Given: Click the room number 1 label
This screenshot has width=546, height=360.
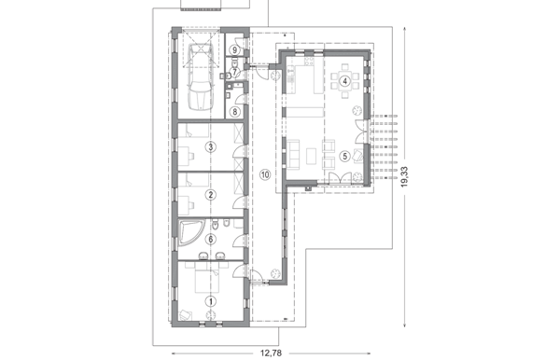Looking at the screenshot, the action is point(210,301).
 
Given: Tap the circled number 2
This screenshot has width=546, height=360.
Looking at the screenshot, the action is point(210,194).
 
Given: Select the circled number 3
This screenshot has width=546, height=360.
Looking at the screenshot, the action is point(210,146).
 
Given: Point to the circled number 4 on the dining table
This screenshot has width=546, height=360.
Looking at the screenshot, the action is point(344,81).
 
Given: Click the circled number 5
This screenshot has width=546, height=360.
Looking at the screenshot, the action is point(344,156).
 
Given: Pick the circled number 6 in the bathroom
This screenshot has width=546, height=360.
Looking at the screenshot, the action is point(210,240).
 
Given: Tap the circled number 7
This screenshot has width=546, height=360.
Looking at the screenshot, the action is point(234,73).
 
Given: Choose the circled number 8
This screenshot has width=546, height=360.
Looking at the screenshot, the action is point(235,112).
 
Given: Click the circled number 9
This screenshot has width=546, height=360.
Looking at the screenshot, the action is point(235,50).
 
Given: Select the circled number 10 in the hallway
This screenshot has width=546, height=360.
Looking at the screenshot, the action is point(265,175).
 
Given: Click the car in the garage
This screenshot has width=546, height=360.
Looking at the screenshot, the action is point(201,76).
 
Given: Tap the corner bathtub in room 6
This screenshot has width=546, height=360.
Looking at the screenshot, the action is point(190,232).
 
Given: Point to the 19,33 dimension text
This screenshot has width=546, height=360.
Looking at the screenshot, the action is point(404,177).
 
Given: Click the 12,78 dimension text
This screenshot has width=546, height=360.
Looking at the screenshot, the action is point(271,353).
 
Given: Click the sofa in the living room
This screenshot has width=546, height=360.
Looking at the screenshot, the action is point(294,155).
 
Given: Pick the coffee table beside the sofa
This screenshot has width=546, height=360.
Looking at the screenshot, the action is point(312,156).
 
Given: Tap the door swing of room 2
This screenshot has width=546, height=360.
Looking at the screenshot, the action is point(239,202).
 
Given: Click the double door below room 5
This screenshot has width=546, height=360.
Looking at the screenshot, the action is point(340,177).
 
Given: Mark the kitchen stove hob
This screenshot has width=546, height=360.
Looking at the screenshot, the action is point(309,62).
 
